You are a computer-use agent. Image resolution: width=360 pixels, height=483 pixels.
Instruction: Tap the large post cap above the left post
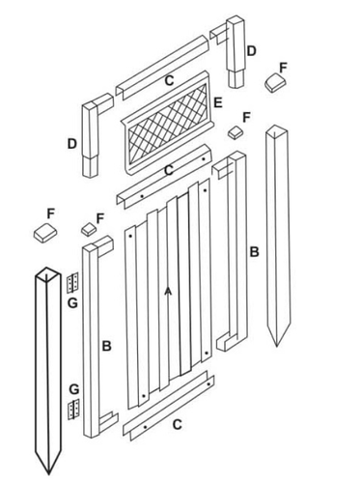[43, 234]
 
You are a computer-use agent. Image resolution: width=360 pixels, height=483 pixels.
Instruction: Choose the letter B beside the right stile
[255, 252]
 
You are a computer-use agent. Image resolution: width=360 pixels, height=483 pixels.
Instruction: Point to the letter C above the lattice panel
[170, 79]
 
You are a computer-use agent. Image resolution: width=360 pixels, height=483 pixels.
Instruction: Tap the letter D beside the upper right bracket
[251, 50]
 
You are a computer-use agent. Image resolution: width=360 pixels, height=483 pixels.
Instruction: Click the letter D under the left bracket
[72, 144]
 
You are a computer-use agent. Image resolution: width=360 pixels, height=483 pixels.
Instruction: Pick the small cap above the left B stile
[88, 230]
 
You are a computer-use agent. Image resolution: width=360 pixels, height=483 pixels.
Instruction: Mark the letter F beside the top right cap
[282, 67]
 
